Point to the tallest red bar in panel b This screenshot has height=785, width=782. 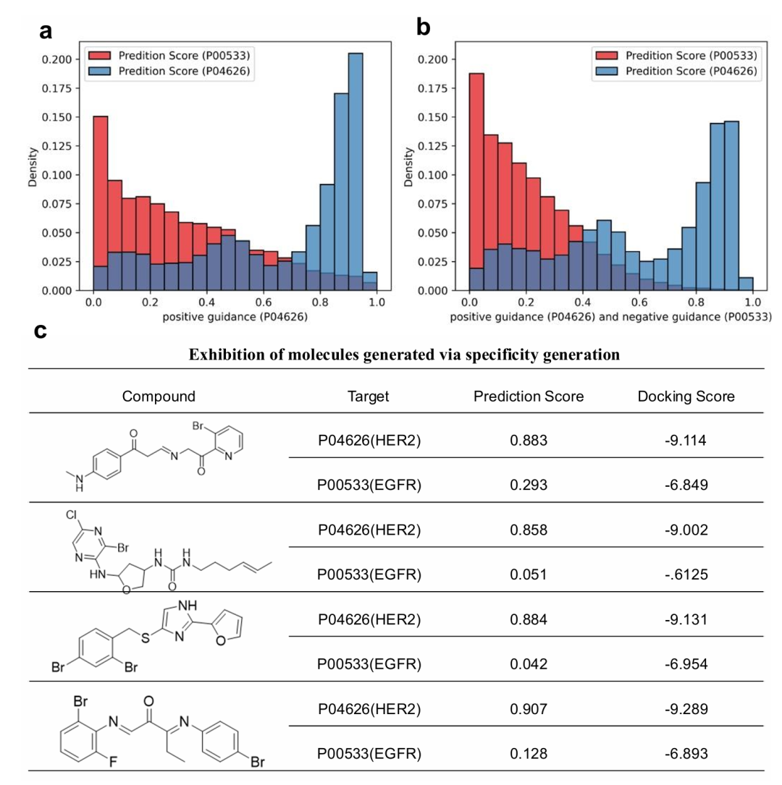(x=476, y=181)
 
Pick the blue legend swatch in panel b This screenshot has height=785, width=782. (x=609, y=71)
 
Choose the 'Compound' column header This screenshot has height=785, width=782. (x=158, y=396)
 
